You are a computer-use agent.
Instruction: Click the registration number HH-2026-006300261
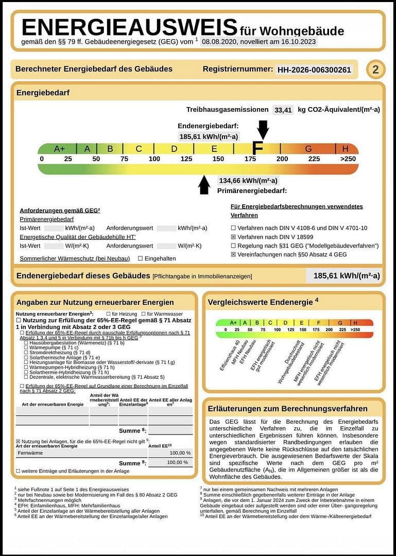(x=314, y=70)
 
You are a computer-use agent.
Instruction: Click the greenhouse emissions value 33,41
(x=283, y=110)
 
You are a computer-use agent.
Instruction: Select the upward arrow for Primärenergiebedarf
(x=204, y=185)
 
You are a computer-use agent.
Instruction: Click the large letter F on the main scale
(x=257, y=149)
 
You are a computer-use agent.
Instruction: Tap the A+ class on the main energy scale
(x=60, y=149)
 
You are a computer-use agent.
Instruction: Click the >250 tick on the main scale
(x=348, y=159)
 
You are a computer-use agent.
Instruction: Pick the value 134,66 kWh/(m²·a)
(x=248, y=181)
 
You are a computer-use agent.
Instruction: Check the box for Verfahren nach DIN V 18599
(x=233, y=237)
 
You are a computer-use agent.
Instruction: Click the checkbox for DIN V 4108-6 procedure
(x=233, y=228)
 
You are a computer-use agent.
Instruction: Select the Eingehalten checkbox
(x=140, y=258)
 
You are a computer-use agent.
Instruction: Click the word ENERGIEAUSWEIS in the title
(x=129, y=27)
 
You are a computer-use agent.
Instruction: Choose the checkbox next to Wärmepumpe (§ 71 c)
(x=26, y=347)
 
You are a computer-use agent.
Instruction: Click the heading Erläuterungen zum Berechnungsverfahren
(x=287, y=409)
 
